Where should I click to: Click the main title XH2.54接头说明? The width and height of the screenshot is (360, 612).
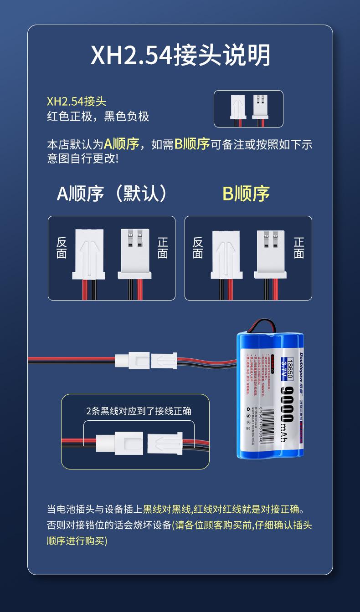[x=180, y=56]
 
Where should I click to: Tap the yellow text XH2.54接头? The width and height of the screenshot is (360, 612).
[x=77, y=101]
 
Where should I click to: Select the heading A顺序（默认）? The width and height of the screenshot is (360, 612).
[x=111, y=194]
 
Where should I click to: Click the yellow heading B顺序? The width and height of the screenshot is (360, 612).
[x=246, y=194]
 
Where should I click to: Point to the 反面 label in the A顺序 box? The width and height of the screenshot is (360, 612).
[x=62, y=248]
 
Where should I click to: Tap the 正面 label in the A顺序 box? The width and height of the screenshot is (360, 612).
[x=163, y=248]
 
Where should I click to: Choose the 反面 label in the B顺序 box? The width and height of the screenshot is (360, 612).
[x=198, y=248]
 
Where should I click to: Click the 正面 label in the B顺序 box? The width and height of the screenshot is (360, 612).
[x=299, y=248]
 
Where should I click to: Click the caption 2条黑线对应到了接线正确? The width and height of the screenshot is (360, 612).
[x=139, y=411]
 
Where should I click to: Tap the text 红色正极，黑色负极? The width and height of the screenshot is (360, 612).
[x=98, y=117]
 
